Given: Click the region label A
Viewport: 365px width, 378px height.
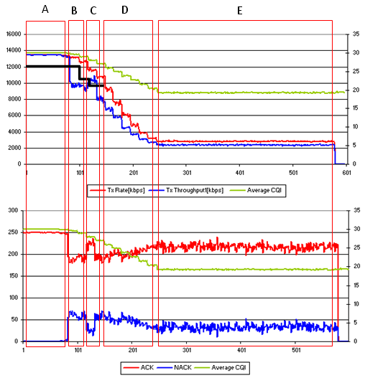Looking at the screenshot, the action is tap(45, 9).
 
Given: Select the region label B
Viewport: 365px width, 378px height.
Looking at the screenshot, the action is tap(74, 11).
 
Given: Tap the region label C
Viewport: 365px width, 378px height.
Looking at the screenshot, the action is tap(93, 11).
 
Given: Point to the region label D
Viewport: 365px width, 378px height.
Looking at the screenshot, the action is tap(124, 10).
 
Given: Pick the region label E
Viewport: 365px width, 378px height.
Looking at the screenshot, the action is tap(240, 11).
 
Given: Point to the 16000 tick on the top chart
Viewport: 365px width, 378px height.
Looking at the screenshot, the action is tap(14, 34).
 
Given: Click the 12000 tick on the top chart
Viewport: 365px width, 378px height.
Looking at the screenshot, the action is tap(14, 67).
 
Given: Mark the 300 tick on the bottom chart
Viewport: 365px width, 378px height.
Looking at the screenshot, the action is tap(13, 210).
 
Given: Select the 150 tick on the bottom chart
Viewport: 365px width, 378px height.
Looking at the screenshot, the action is tap(14, 275).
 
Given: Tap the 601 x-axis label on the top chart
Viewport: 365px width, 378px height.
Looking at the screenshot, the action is tap(346, 173).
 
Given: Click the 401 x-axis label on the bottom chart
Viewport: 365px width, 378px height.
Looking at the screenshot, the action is tap(241, 350).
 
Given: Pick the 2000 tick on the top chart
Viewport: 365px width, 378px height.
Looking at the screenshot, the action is tap(14, 148).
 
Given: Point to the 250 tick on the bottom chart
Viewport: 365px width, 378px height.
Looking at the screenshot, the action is tap(13, 232).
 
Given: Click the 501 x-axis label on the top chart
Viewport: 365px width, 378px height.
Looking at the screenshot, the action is tap(293, 173).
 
